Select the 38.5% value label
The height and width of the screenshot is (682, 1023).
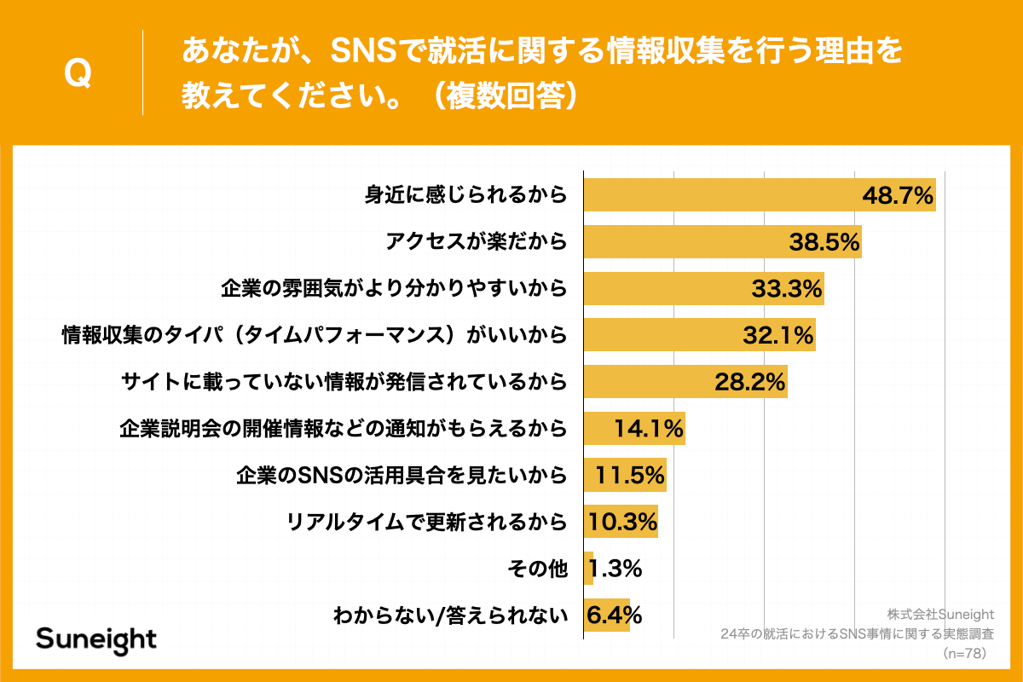(x=824, y=242)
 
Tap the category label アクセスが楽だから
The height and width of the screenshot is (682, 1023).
(x=476, y=242)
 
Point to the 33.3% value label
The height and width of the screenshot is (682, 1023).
(x=787, y=289)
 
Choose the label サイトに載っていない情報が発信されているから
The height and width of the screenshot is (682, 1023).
(x=344, y=382)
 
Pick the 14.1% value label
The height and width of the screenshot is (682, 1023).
(x=648, y=429)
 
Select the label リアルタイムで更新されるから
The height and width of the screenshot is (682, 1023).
(x=427, y=522)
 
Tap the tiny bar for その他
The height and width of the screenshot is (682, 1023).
(x=588, y=568)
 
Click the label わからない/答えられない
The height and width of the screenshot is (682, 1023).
(x=450, y=615)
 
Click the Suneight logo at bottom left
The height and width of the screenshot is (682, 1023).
(x=96, y=639)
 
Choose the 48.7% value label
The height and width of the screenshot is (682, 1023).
(x=899, y=195)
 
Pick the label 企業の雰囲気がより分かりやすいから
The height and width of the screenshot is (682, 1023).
(x=394, y=289)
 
